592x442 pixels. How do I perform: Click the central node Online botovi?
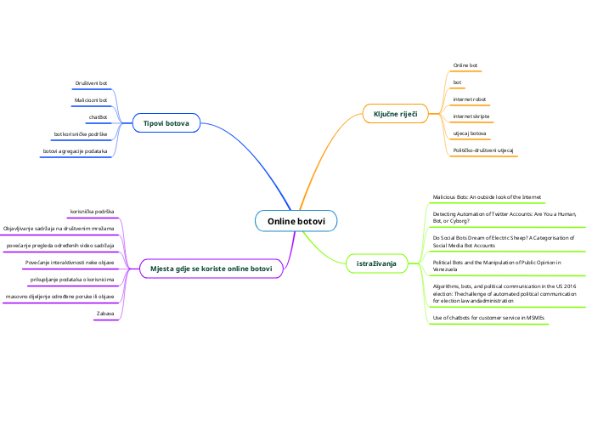(x=296, y=221)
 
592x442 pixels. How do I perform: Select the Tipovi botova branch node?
(x=166, y=123)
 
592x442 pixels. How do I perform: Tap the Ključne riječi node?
(x=395, y=114)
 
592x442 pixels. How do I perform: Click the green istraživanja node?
(x=376, y=263)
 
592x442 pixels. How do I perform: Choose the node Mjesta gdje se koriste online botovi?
(x=211, y=269)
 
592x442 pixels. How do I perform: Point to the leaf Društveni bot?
(x=91, y=83)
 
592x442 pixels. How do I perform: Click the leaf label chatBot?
(x=98, y=117)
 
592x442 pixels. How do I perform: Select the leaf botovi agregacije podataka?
(x=75, y=151)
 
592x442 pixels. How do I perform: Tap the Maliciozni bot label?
(x=91, y=100)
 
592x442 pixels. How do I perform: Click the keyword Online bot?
(x=465, y=65)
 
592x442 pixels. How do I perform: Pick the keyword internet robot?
(x=470, y=99)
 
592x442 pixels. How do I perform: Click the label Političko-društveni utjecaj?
(x=483, y=150)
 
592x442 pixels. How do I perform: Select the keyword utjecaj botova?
(x=470, y=133)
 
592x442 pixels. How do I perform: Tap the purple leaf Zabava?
(x=105, y=314)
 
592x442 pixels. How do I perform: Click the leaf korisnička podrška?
(x=92, y=212)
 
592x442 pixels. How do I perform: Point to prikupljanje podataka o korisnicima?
(x=72, y=280)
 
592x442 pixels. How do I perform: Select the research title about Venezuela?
(x=497, y=265)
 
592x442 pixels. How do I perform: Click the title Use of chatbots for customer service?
(x=488, y=318)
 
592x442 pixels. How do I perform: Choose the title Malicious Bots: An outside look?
(x=487, y=197)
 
